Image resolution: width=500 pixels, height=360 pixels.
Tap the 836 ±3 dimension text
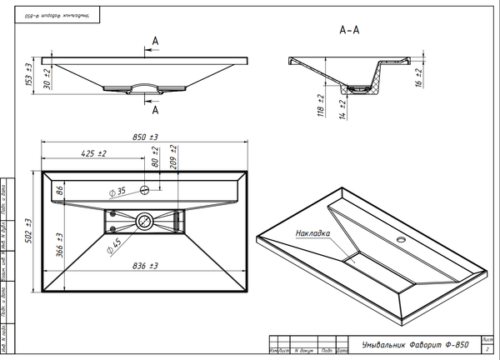(x=147, y=266)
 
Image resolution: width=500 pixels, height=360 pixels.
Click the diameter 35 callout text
(x=117, y=191)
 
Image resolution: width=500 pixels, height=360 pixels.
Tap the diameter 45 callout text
(x=115, y=244)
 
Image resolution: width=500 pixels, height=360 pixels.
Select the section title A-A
(x=349, y=30)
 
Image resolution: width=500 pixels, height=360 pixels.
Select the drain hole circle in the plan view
(x=145, y=221)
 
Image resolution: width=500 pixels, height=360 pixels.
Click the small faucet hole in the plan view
(x=145, y=190)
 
